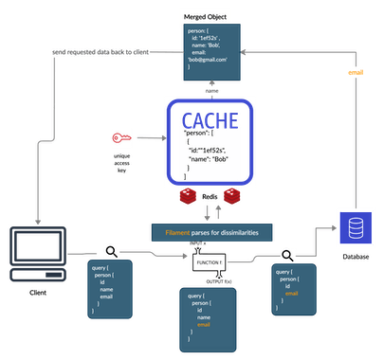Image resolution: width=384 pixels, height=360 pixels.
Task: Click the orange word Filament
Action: [x=171, y=230]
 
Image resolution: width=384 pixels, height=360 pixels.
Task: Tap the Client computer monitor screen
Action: [x=36, y=247]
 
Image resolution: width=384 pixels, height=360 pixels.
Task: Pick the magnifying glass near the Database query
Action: [x=285, y=255]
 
